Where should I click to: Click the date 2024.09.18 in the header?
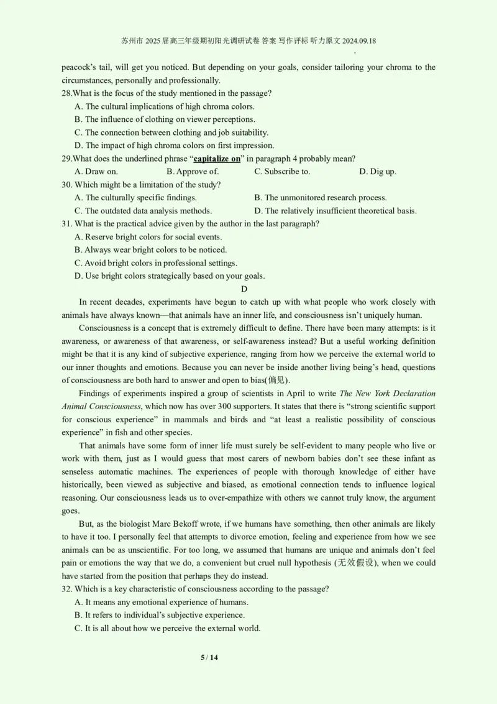click(355, 41)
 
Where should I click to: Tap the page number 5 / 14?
click(209, 657)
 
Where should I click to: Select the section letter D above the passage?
click(244, 289)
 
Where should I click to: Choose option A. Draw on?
click(96, 172)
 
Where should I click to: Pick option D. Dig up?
click(378, 172)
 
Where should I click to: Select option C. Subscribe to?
click(282, 172)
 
